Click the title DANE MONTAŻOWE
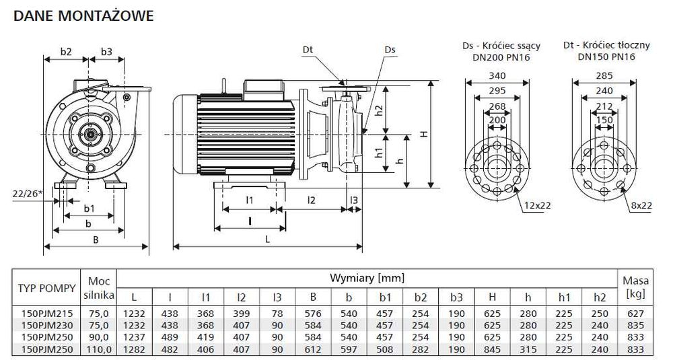(x=83, y=15)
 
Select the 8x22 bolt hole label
(x=640, y=205)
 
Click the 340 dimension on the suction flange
(x=497, y=76)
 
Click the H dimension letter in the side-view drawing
(x=423, y=134)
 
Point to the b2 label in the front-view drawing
(x=66, y=51)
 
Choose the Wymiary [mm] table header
(x=367, y=278)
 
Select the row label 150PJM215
(x=46, y=313)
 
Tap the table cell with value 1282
(x=134, y=349)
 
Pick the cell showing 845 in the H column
(x=491, y=349)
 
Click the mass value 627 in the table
(x=635, y=313)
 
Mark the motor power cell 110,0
(x=99, y=349)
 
